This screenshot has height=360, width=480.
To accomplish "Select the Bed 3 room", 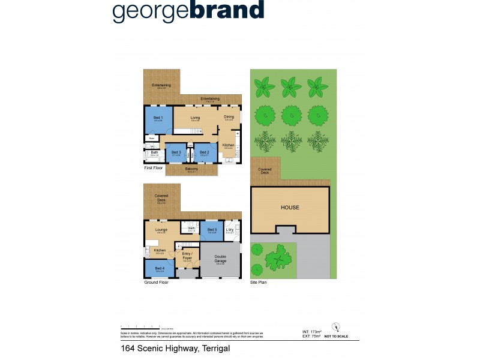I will (176, 154).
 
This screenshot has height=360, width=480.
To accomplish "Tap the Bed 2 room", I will (204, 154).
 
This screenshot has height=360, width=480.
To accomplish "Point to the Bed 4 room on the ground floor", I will (158, 269).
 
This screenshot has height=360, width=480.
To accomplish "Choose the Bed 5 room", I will (212, 231).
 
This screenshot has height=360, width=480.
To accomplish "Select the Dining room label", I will (229, 117).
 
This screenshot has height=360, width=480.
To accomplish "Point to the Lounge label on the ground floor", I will (161, 230).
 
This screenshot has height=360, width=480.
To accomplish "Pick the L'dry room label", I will (230, 230).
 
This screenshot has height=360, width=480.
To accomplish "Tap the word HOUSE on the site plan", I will (290, 208).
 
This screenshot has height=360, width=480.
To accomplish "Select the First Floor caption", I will (154, 168).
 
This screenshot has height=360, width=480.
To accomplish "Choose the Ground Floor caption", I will (157, 282).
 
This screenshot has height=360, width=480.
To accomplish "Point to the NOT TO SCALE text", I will (336, 337).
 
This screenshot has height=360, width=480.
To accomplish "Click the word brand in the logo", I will (226, 11).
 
